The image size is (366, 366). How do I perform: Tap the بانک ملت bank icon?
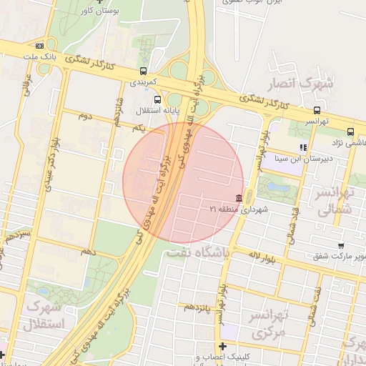pos(49,45)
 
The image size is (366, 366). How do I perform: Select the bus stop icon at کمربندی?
pos(144,71)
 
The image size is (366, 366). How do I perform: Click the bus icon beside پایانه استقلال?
pos(157,99)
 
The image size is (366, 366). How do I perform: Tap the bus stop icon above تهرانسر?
pos(317,110)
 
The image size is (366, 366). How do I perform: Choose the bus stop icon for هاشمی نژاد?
pos(350,132)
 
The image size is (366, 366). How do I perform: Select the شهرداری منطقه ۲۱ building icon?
pos(237,198)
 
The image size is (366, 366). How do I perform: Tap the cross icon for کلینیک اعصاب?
pos(222,347)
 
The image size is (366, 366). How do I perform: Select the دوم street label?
pos(85,116)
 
